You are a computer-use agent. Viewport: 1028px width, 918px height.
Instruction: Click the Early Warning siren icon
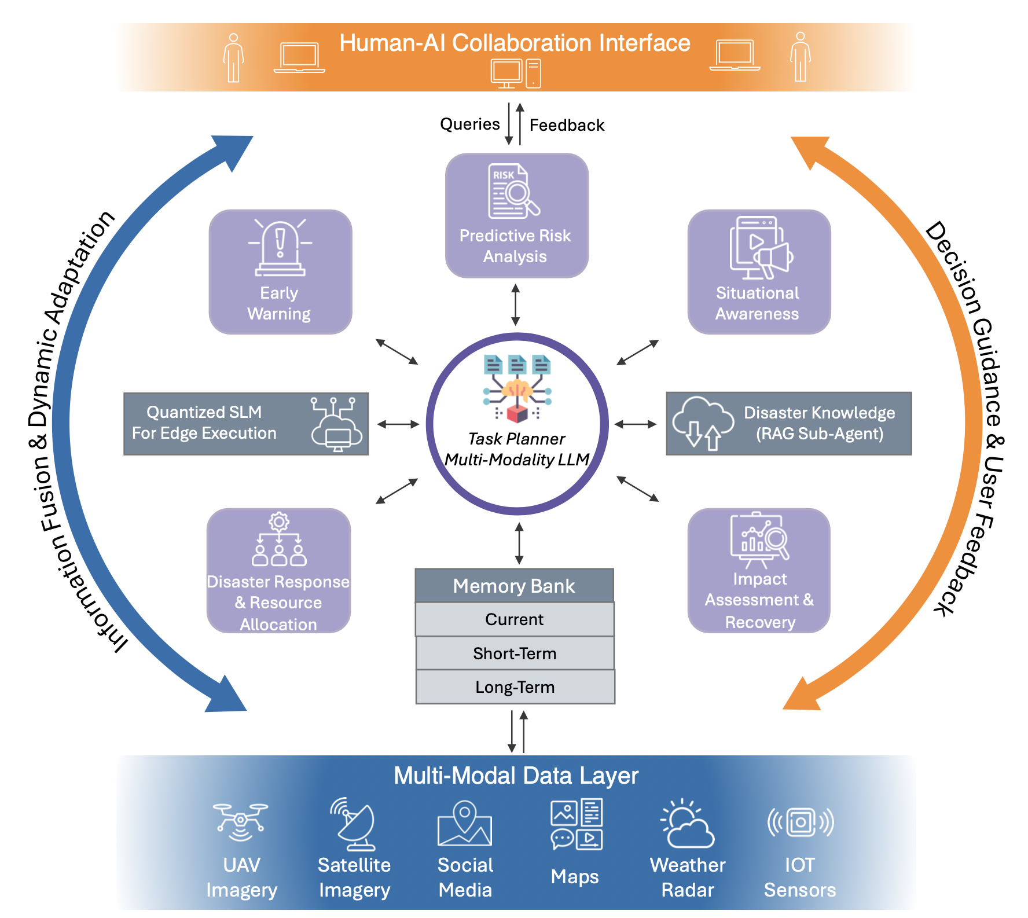click(280, 247)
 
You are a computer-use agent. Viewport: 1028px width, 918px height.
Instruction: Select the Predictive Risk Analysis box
click(516, 215)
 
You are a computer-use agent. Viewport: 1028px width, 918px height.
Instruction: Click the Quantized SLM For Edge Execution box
click(245, 424)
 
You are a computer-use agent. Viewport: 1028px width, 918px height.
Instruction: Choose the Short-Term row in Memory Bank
click(515, 653)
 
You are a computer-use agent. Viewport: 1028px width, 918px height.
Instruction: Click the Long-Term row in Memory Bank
click(515, 687)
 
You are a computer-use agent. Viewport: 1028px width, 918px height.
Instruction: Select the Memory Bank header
click(514, 586)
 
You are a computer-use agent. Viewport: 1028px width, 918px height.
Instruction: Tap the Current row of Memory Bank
click(514, 619)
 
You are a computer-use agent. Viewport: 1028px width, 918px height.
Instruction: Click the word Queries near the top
click(469, 124)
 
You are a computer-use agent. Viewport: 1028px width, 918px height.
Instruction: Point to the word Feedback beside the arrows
click(567, 125)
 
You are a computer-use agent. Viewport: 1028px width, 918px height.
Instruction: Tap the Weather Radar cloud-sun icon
click(687, 824)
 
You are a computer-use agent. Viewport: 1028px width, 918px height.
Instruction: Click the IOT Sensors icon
click(801, 822)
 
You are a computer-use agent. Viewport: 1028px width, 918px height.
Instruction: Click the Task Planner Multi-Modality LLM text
click(516, 449)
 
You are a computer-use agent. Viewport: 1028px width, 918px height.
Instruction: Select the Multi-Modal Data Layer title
click(515, 776)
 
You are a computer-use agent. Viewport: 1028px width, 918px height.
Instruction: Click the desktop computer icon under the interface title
click(515, 74)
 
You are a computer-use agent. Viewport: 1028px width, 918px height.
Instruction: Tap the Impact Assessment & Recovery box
click(759, 570)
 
